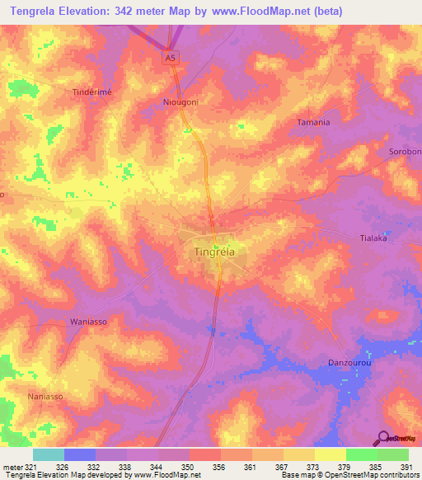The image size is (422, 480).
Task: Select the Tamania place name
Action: [x=313, y=122]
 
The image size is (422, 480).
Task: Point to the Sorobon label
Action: [x=405, y=152]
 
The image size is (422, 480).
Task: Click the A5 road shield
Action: [x=170, y=57]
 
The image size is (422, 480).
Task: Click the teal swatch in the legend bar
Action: [x=48, y=454]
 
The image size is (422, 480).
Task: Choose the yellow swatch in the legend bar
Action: [x=330, y=454]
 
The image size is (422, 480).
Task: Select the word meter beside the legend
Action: [x=12, y=467]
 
